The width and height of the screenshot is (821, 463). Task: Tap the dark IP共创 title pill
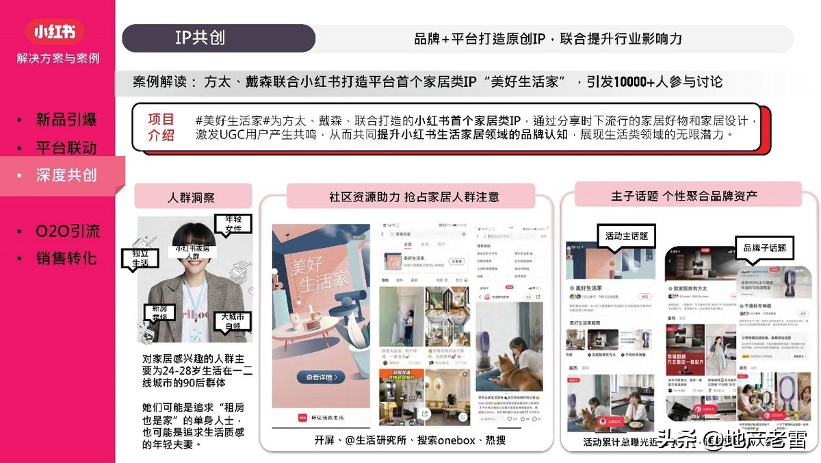tap(218, 38)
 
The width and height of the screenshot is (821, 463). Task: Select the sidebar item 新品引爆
tap(66, 120)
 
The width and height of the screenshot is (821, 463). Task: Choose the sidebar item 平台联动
tap(66, 148)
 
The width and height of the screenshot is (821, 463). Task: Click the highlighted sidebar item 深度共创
tap(66, 175)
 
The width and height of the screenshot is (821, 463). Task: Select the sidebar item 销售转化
tap(66, 259)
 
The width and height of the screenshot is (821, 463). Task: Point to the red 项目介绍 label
tap(161, 127)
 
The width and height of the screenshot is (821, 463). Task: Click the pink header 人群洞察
tap(192, 197)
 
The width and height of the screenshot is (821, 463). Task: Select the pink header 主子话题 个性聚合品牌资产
tap(684, 196)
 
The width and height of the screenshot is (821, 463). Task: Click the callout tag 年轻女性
tap(233, 223)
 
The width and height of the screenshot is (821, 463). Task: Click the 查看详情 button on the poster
tap(321, 377)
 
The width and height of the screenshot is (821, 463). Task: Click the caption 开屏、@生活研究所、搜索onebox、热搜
tap(410, 440)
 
